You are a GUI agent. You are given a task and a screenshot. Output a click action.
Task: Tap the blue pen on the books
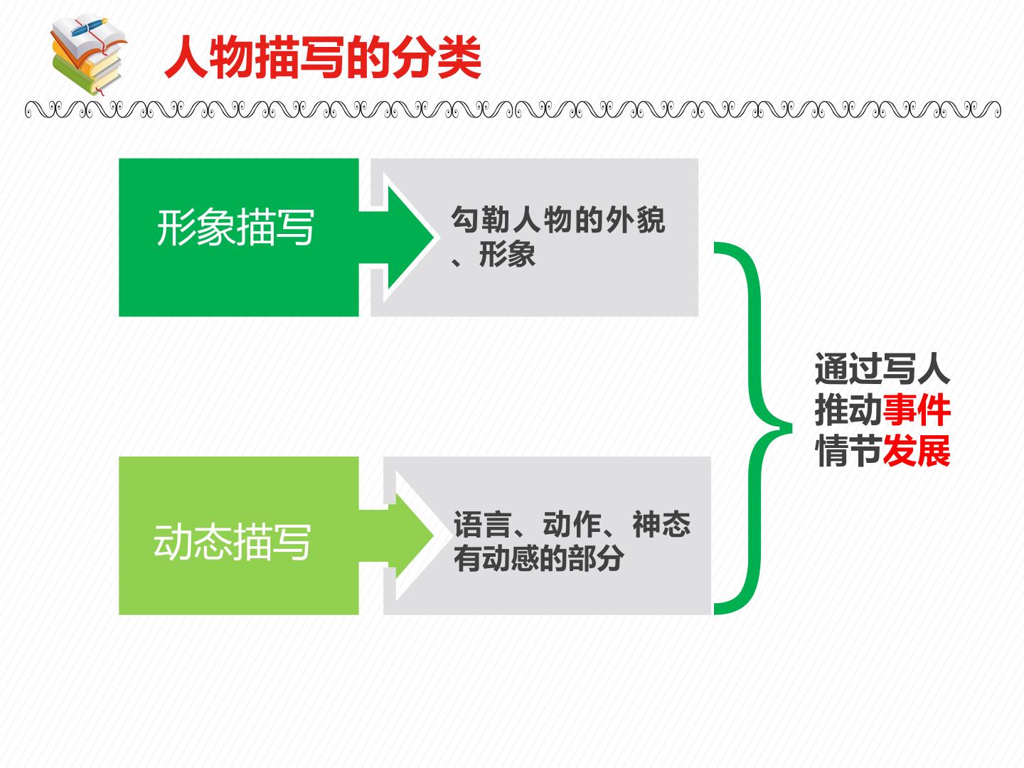(89, 26)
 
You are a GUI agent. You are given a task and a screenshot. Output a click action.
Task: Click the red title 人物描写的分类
(323, 58)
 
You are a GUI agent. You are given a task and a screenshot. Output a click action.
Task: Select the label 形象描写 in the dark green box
(235, 228)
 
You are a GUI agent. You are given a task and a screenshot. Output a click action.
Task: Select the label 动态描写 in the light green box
(232, 542)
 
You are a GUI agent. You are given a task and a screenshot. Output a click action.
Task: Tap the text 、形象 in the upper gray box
(493, 255)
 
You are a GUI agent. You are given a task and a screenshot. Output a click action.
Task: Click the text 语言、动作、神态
(572, 525)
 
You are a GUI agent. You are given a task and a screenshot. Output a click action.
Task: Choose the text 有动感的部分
(539, 558)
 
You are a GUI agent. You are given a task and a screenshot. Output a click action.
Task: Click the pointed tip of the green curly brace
(791, 427)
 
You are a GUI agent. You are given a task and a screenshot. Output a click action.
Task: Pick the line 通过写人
(882, 368)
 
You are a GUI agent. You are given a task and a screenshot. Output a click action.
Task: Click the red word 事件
(917, 410)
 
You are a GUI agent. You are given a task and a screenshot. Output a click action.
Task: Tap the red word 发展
(917, 450)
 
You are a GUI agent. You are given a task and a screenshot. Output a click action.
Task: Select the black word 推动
(848, 410)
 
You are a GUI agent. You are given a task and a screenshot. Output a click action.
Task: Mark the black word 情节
(848, 450)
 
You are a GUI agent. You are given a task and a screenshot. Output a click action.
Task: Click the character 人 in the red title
(186, 58)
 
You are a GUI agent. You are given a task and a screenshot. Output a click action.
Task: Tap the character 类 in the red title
(459, 58)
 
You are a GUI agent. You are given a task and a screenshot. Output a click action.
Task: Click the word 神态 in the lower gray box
(661, 525)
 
